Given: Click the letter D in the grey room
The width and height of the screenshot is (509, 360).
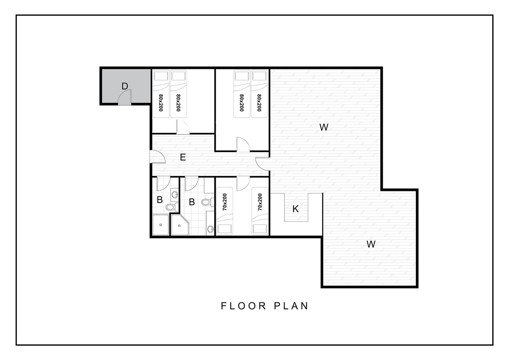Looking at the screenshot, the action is point(125,86).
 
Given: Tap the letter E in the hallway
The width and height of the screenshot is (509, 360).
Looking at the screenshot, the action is point(183,157).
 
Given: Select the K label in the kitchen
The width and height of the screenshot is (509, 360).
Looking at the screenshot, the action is point(295,209).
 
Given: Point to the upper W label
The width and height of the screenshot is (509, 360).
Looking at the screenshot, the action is point(324,127).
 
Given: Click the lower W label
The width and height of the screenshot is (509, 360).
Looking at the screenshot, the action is point(371,244).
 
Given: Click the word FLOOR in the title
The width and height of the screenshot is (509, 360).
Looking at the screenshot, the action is point(243,306).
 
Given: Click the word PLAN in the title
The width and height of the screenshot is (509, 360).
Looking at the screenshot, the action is point(291,306).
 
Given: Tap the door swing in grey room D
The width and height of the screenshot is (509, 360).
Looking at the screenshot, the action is point(125,97).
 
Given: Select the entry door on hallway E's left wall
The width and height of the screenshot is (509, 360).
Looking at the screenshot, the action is point(157,157).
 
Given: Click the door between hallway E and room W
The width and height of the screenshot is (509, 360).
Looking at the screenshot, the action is point(262,164).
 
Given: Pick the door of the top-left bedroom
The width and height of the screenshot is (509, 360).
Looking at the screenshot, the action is point(183,127).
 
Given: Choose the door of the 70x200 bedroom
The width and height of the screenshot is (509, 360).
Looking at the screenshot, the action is point(243,184).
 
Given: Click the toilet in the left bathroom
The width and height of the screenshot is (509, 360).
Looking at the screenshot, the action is point(172,207).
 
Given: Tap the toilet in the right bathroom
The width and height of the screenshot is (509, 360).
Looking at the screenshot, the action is point(208,202).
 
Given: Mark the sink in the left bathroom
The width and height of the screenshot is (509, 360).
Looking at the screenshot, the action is point(175,195).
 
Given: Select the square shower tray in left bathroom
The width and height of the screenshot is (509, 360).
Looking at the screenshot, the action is point(160,225).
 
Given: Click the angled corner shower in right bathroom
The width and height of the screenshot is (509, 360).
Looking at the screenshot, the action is point(180,225).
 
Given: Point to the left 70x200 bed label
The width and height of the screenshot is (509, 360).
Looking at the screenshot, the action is point(225,202).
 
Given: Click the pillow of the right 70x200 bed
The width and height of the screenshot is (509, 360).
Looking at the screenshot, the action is point(260,229).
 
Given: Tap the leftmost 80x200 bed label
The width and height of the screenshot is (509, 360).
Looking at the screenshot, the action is point(161,103).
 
